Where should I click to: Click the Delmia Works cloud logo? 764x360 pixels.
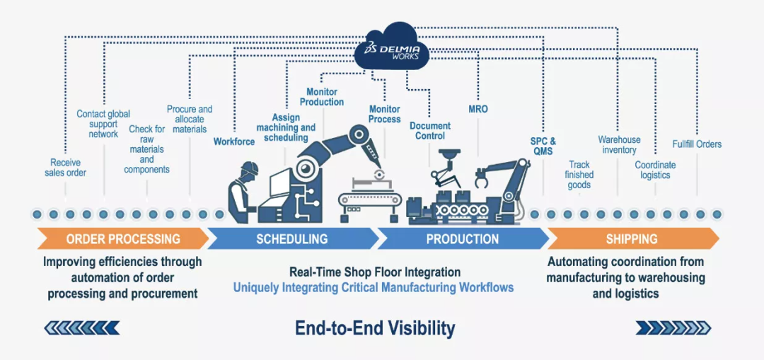(391, 46)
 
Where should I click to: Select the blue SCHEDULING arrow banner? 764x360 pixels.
(292, 239)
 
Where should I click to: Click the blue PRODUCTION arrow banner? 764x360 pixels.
(462, 239)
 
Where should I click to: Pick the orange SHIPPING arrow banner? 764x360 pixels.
(632, 239)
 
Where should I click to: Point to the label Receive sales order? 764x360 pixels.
(65, 168)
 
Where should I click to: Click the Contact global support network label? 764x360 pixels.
(103, 124)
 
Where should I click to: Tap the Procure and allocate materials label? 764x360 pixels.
(190, 120)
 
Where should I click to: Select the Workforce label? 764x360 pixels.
(234, 141)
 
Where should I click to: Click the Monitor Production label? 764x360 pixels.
(322, 97)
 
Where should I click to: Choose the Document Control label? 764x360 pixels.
(430, 131)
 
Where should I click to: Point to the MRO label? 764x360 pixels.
(478, 110)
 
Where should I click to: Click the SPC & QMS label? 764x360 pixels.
(543, 146)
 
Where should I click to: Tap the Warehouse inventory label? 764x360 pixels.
(619, 145)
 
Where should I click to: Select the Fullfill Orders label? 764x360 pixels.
(697, 144)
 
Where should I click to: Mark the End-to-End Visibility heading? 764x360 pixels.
(375, 328)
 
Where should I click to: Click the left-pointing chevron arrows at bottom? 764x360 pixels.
(81, 327)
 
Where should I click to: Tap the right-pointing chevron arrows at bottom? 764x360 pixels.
(673, 327)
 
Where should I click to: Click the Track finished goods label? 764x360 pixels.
(579, 175)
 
